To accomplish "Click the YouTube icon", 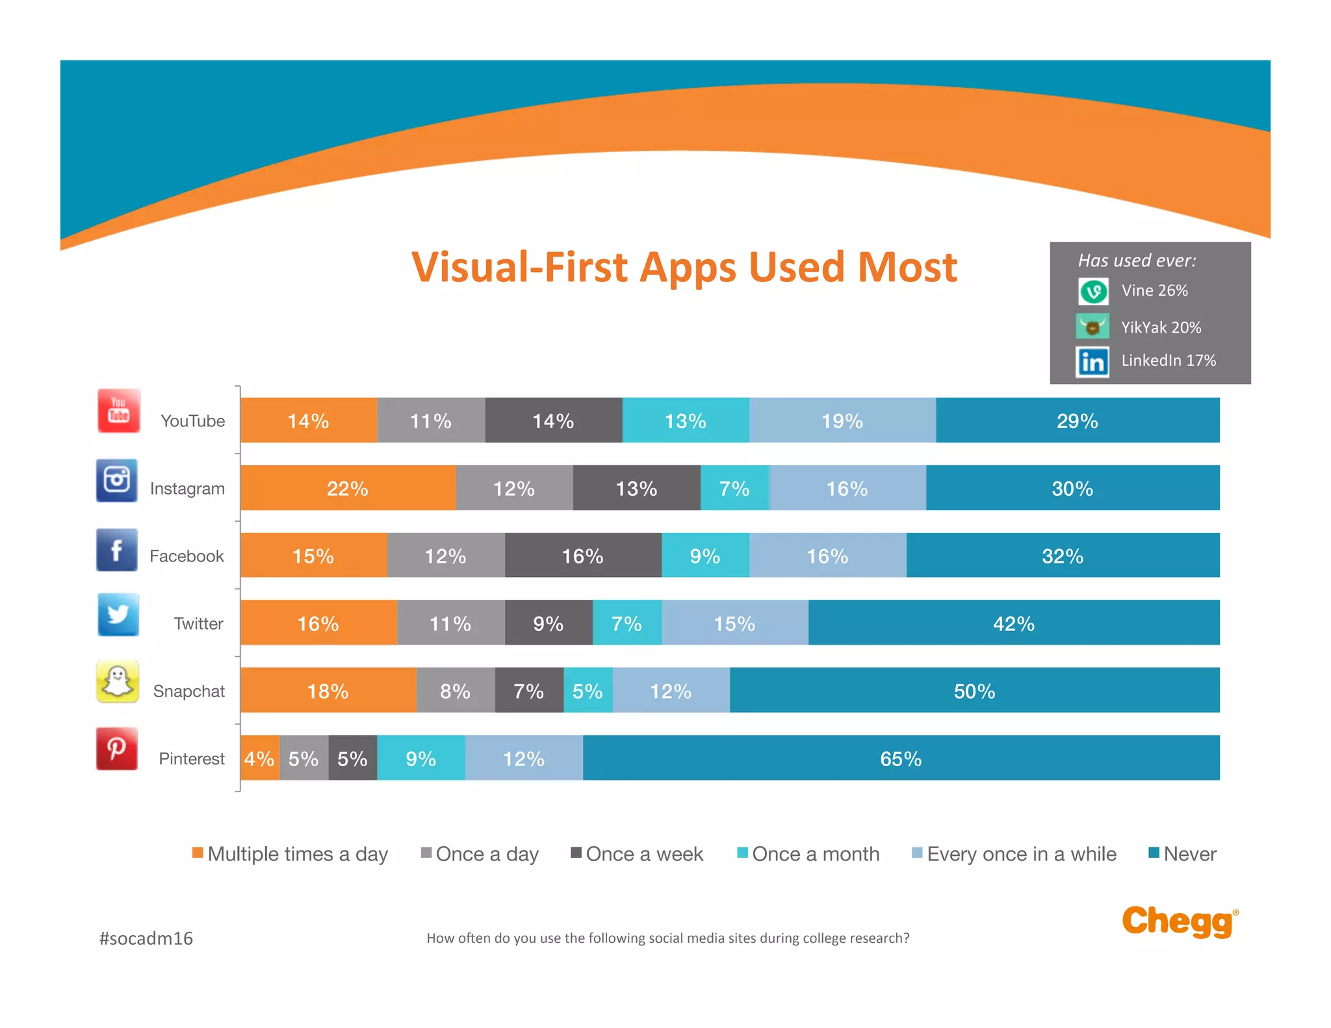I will tap(118, 411).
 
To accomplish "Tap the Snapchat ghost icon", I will tap(118, 682).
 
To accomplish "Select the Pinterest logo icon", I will tap(117, 749).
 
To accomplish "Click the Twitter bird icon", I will tap(118, 614).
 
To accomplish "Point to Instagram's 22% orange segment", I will tap(348, 488).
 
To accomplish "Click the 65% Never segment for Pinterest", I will tap(901, 758).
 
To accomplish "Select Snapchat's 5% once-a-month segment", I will tap(588, 690).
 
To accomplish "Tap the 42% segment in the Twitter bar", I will tap(1013, 623).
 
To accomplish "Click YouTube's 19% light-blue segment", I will tap(842, 420).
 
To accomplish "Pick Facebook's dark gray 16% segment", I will tap(582, 556).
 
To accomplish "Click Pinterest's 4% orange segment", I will tap(259, 758).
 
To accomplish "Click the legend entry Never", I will tap(1183, 853).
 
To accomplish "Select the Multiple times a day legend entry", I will tap(291, 853).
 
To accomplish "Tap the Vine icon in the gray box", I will tap(1093, 291).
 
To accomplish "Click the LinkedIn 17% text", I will tap(1168, 361).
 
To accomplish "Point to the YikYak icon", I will tap(1092, 327).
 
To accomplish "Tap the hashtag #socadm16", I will tap(146, 938).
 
